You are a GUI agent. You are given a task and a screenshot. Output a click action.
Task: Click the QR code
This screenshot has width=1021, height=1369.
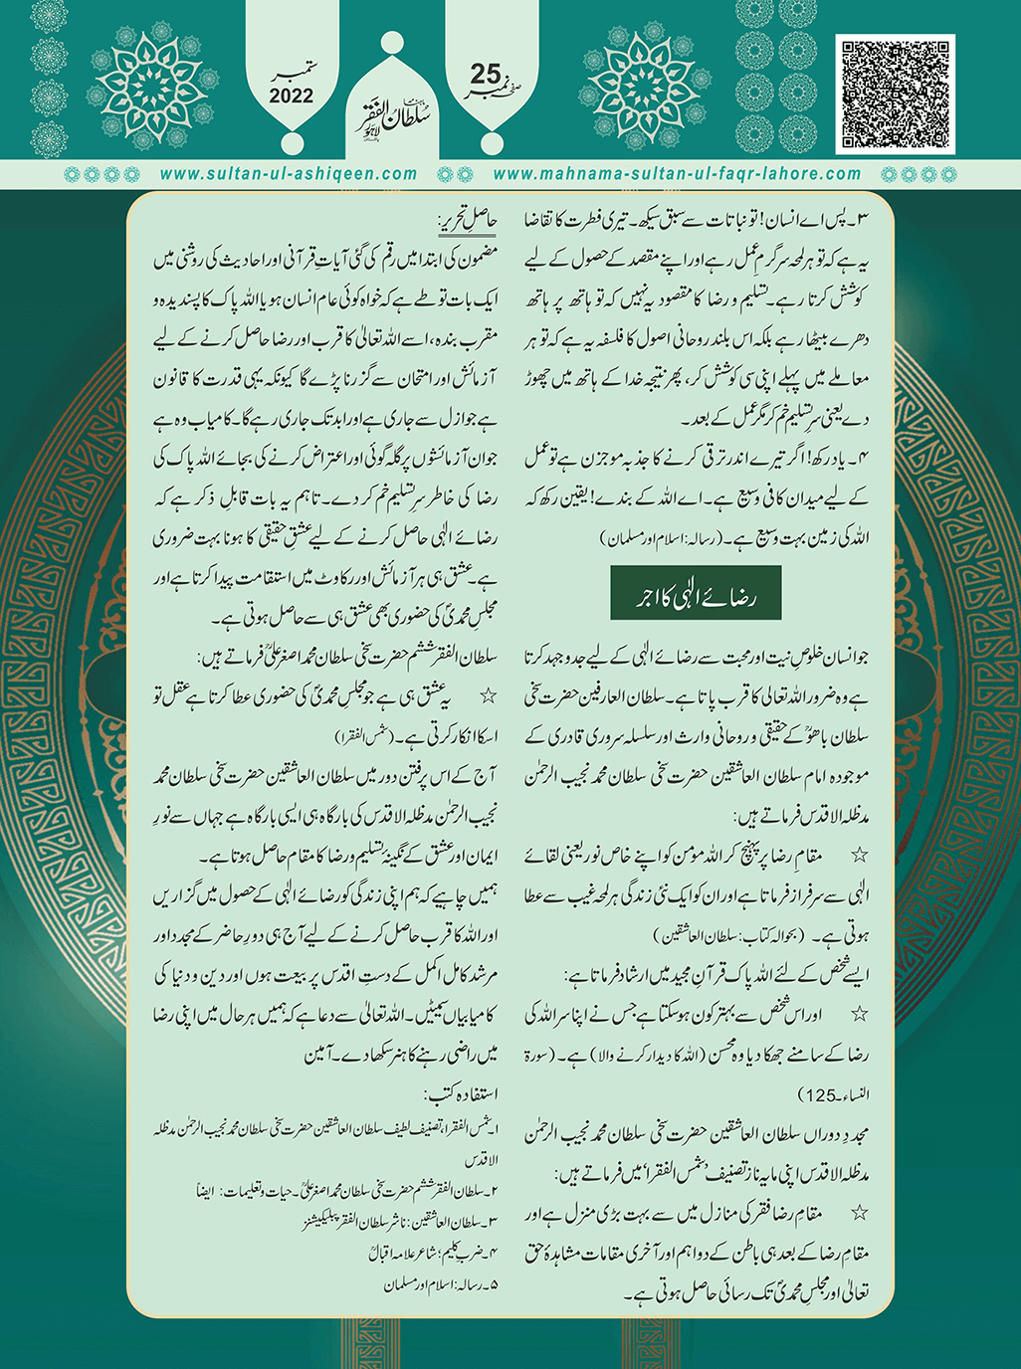click(x=895, y=94)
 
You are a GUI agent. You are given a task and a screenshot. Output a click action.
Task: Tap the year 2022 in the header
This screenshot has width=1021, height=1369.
click(x=291, y=97)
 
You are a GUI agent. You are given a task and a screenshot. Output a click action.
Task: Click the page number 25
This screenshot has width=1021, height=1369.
click(x=487, y=74)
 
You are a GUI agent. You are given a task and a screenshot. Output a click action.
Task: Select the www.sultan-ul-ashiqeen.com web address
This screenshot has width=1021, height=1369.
click(x=289, y=173)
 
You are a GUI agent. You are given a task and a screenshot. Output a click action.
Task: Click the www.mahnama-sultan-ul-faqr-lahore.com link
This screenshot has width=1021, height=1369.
click(x=677, y=173)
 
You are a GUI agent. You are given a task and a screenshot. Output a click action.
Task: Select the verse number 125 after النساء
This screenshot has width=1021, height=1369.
click(x=820, y=1095)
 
